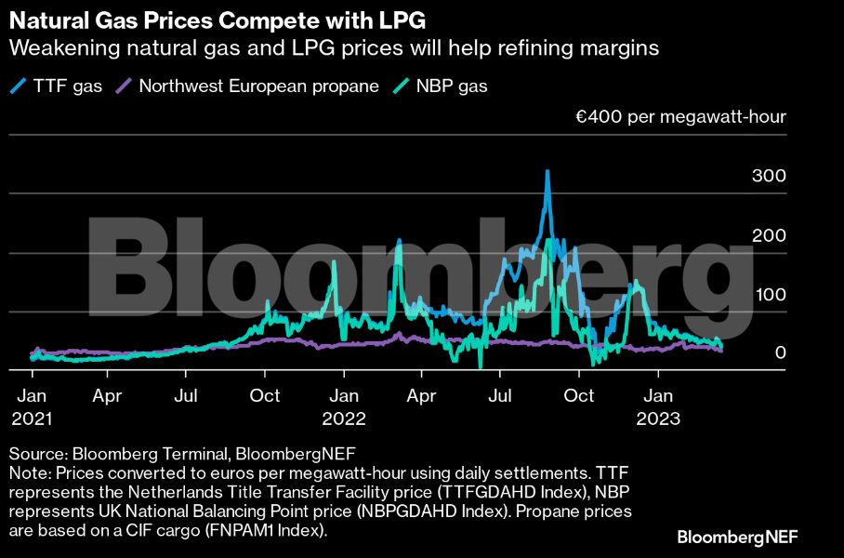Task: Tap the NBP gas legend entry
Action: pos(446,86)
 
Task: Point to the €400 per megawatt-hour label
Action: pos(680,117)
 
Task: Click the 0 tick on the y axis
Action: pos(781,353)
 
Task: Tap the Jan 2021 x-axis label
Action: pos(33,406)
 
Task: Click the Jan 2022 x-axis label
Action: pos(345,406)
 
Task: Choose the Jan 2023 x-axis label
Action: pos(659,406)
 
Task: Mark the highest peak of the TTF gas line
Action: pos(547,171)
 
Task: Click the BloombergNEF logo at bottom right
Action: pos(737,537)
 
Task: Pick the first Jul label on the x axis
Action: pos(187,396)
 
